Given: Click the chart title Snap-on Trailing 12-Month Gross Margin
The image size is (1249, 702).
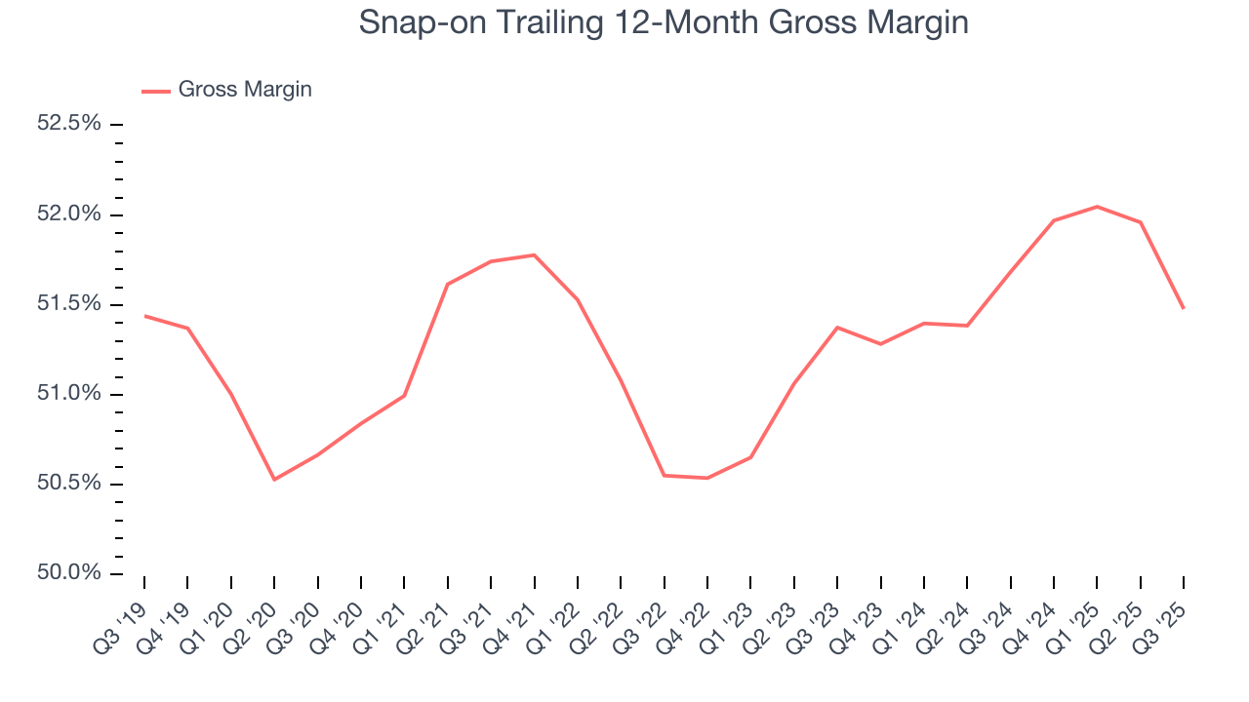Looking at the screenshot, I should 664,22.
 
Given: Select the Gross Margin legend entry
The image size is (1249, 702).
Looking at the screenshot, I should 244,90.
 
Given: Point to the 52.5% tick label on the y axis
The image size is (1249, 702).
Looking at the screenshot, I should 68,124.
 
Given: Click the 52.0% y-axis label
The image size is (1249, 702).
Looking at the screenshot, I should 68,214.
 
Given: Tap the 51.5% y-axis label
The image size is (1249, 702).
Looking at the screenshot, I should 68,304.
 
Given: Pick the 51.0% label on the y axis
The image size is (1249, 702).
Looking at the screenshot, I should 68,394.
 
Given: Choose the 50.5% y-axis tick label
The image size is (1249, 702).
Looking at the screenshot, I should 68,484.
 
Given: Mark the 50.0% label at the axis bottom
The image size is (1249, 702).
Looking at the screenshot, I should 68,573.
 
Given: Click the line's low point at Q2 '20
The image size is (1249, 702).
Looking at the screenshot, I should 274,480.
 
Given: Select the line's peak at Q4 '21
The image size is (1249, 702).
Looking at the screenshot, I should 534,254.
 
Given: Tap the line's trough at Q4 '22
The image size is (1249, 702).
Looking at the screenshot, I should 706,478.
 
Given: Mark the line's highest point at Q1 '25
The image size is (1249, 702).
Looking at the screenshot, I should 1098,207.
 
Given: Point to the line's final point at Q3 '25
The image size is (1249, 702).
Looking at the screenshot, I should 1184,308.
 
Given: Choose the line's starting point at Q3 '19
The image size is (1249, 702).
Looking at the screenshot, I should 144,316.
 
